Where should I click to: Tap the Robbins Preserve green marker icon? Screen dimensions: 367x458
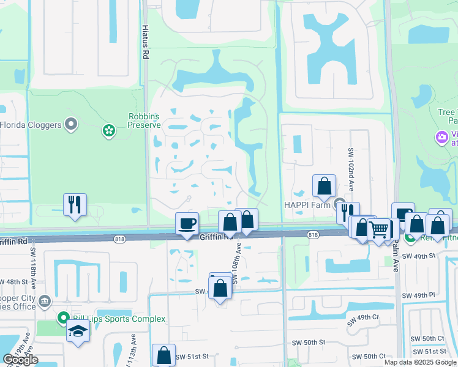(x=109, y=130)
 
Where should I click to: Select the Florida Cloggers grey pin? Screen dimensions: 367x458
(x=71, y=125)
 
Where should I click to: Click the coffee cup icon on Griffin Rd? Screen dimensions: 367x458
(x=187, y=223)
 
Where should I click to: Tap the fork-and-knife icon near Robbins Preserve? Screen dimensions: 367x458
(x=75, y=204)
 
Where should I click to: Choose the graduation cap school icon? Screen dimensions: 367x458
(x=78, y=332)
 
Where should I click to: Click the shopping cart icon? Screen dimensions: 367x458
(x=380, y=230)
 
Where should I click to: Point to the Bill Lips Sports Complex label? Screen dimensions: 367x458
(x=119, y=319)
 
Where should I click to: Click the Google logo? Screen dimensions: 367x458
(x=21, y=360)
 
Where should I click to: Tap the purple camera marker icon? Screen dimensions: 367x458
(x=441, y=137)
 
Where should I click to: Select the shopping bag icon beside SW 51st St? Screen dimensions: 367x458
(x=163, y=355)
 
